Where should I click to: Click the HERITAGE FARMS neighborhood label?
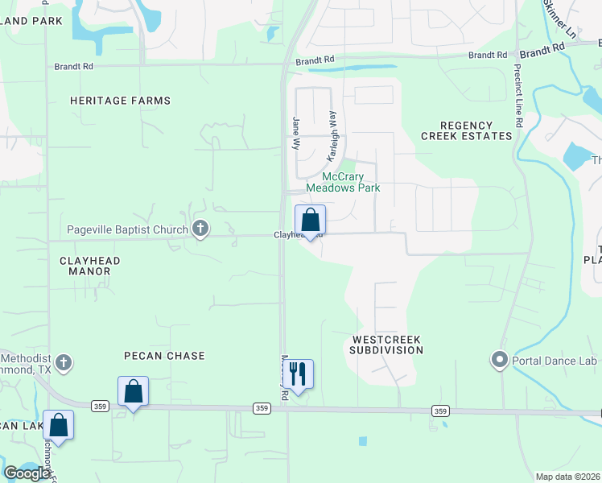[120, 101]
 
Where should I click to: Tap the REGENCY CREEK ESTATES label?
[467, 130]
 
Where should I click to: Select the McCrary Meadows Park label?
[343, 182]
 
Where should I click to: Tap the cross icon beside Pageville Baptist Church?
[200, 230]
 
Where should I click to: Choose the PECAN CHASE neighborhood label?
[164, 356]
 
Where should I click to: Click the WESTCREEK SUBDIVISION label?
[386, 345]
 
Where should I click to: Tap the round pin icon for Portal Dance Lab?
[500, 359]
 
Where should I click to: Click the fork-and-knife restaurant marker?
[298, 374]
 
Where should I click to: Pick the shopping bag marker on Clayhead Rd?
[310, 221]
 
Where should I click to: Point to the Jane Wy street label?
[295, 131]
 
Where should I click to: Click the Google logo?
[26, 473]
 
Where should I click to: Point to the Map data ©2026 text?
[567, 477]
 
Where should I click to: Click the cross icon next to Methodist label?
[64, 362]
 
